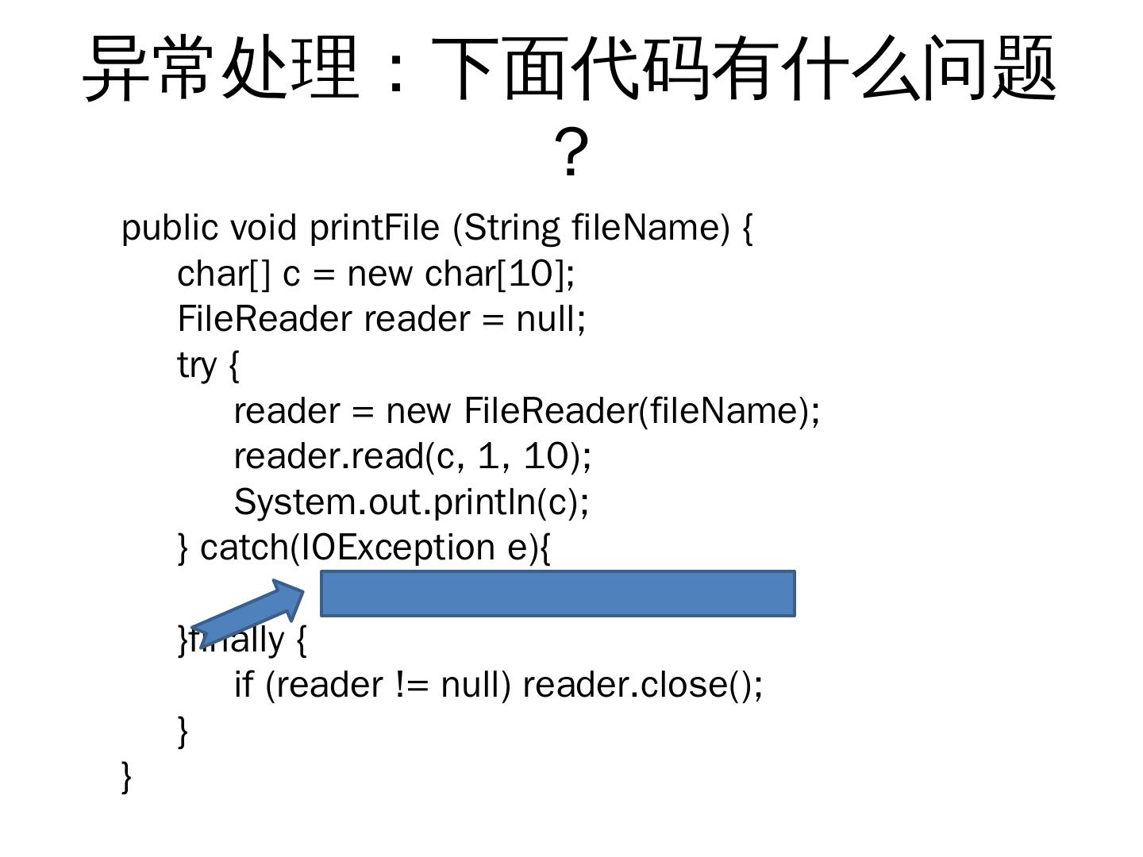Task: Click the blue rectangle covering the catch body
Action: pos(557,593)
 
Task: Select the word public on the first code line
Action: pos(169,228)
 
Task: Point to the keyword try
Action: pos(197,366)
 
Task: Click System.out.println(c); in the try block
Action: pos(411,502)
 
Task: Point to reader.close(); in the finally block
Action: pos(642,684)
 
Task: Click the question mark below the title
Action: pos(571,152)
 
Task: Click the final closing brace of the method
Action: pos(126,776)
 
